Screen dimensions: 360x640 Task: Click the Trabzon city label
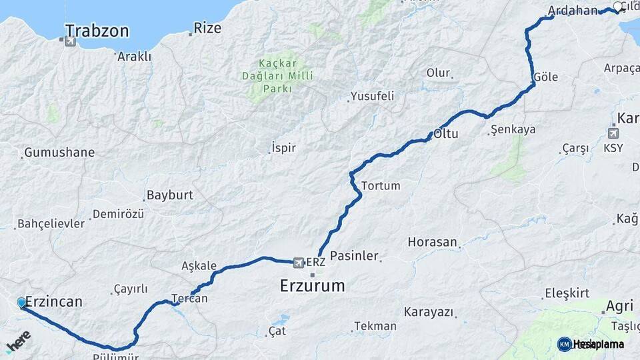(x=97, y=31)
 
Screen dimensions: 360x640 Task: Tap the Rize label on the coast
(x=207, y=29)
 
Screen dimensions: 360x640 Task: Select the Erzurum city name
(x=312, y=286)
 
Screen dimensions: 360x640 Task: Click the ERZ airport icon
(x=299, y=262)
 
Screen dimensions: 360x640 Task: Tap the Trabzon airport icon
(x=70, y=41)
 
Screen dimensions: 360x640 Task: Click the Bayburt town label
(x=169, y=195)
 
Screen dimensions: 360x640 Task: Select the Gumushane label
(x=59, y=153)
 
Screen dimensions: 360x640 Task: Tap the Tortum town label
(x=380, y=186)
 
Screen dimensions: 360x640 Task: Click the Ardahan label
(x=572, y=11)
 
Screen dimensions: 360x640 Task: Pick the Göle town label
(x=545, y=77)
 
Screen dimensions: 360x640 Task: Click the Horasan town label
(x=433, y=242)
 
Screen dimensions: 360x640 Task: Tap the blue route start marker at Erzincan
(x=22, y=303)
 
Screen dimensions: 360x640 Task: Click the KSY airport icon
(x=613, y=133)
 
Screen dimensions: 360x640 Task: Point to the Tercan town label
(x=190, y=299)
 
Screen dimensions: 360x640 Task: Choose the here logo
(x=18, y=341)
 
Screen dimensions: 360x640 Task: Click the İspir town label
(x=283, y=148)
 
